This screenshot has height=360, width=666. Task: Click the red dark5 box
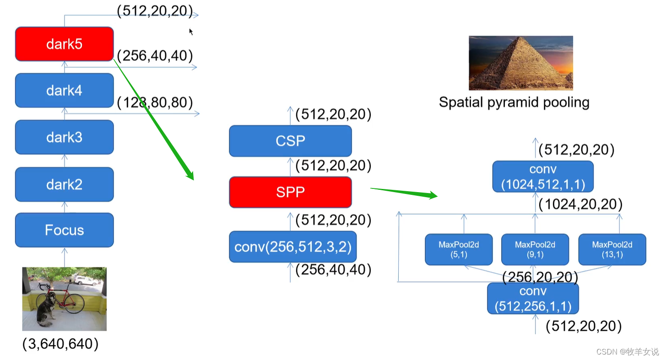pos(64,44)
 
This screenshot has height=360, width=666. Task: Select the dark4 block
pos(64,91)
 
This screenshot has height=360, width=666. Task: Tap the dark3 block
pos(64,137)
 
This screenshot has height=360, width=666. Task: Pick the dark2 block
pos(64,184)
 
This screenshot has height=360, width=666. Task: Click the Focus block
pos(64,230)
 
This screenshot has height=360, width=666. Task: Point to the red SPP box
pos(290,192)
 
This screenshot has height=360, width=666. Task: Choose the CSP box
pos(290,141)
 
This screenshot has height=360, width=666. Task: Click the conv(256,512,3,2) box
pos(292,247)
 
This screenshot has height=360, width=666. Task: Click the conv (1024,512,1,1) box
pos(542,177)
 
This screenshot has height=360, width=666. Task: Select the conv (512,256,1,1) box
pos(533,298)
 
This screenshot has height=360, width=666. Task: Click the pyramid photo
pos(520,63)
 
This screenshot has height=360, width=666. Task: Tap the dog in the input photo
pos(46,309)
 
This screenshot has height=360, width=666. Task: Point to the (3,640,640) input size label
pos(60,344)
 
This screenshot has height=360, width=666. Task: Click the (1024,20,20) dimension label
pos(580,204)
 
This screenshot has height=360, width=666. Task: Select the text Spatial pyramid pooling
pos(514,102)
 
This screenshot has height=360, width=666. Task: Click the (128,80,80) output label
pos(155,102)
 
